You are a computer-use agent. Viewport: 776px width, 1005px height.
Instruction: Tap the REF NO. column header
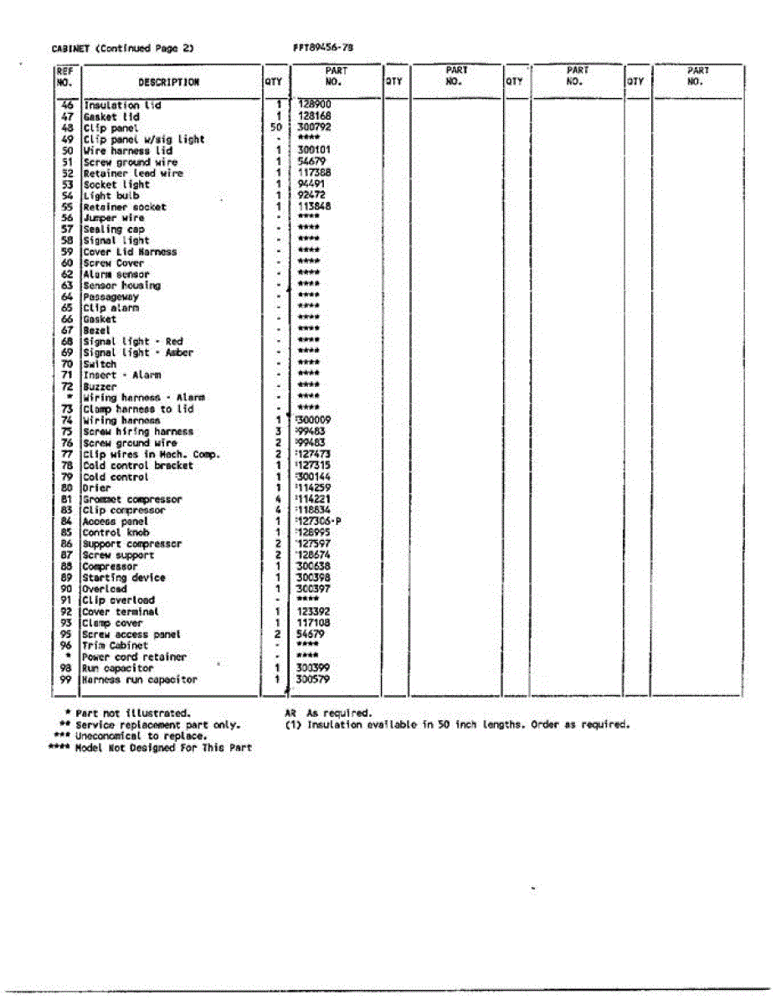65,77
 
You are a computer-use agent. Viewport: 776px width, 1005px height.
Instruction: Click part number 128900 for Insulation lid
315,106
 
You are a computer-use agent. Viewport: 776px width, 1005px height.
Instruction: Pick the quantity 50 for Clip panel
277,128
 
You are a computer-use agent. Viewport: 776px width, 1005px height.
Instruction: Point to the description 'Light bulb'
111,196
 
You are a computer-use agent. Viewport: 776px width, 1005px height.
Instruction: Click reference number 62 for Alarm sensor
67,274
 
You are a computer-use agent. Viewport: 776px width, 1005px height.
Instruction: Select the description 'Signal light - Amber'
137,353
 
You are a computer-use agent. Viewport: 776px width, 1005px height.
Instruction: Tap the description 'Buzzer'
99,387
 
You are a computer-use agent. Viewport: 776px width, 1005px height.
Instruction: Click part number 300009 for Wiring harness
315,420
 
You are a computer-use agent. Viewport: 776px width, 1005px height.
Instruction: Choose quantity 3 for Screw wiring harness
277,431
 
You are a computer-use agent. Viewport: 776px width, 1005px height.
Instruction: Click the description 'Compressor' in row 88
110,566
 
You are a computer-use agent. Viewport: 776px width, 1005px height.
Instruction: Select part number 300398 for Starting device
314,578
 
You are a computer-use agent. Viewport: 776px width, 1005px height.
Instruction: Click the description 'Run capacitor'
117,668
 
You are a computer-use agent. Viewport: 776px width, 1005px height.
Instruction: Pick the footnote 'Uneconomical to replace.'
141,735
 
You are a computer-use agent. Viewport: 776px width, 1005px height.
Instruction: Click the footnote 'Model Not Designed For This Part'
163,747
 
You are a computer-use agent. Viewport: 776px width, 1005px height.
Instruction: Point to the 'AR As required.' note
328,713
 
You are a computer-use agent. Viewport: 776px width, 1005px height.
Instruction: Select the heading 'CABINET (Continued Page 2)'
122,49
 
